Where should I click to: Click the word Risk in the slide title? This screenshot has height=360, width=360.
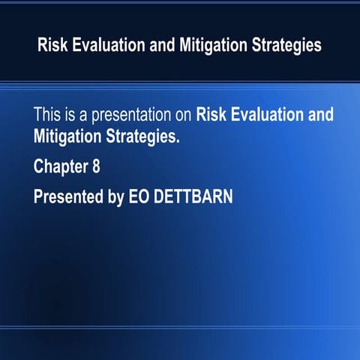[x=52, y=46]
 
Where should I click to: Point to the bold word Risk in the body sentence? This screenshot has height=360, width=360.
[x=211, y=116]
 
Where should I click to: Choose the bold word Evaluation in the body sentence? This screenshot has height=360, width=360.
[x=267, y=116]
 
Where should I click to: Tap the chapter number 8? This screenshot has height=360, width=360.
[x=96, y=166]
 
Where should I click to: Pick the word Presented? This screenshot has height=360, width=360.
[x=67, y=196]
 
